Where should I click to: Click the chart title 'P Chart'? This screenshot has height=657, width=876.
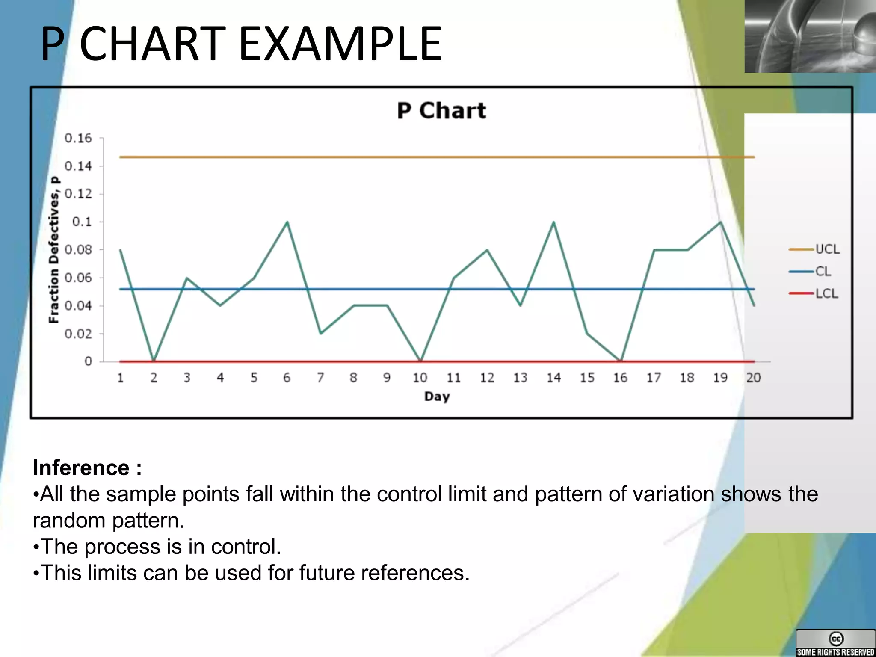441,111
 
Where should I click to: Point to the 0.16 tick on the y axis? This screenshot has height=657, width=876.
78,138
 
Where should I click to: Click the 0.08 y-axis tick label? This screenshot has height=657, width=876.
78,250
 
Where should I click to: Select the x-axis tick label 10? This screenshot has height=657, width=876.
420,377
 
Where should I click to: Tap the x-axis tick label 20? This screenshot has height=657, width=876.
753,377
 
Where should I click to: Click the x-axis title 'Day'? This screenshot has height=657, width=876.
437,397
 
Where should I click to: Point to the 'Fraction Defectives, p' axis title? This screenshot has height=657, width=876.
54,250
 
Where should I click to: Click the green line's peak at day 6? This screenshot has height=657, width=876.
287,222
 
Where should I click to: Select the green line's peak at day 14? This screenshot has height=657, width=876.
554,222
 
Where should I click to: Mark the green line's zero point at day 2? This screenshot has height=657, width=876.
154,361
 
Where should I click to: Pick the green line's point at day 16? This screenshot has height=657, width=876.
621,361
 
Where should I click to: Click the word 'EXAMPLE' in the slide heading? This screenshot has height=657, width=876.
340,44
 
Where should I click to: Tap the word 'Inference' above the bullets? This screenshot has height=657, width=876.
81,468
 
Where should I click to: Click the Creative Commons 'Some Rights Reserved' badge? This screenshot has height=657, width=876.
835,643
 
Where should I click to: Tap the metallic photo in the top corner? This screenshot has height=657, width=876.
810,36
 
